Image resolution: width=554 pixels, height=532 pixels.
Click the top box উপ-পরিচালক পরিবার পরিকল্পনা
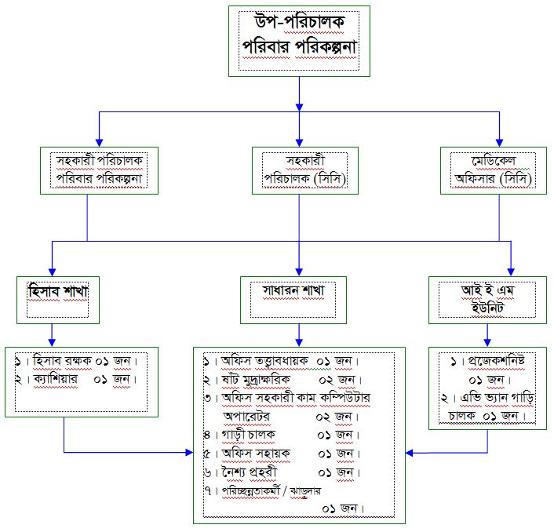pyautogui.click(x=299, y=41)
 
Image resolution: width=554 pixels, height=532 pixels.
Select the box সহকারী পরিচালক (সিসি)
pyautogui.click(x=305, y=170)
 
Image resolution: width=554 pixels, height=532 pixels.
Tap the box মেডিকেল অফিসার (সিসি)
pyautogui.click(x=494, y=170)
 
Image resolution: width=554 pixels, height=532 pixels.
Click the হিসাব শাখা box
pyautogui.click(x=58, y=300)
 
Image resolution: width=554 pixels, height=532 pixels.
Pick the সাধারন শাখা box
pyautogui.click(x=293, y=300)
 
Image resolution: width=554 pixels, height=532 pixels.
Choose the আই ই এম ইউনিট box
pyautogui.click(x=487, y=300)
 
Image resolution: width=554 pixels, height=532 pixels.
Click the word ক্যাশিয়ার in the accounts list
pyautogui.click(x=56, y=379)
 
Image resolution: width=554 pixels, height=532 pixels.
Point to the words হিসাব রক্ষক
pyautogui.click(x=62, y=361)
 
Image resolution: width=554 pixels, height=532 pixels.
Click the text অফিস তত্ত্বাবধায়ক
pyautogui.click(x=264, y=361)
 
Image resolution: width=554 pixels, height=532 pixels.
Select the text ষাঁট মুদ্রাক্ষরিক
pyautogui.click(x=256, y=380)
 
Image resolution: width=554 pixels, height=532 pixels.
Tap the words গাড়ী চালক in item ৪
pyautogui.click(x=249, y=435)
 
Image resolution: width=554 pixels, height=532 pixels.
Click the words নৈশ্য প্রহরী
pyautogui.click(x=250, y=472)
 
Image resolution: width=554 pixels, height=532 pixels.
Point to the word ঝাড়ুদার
pyautogui.click(x=305, y=491)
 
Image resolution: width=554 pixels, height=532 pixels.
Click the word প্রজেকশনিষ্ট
pyautogui.click(x=497, y=361)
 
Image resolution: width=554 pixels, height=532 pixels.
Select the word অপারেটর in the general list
pyautogui.click(x=246, y=417)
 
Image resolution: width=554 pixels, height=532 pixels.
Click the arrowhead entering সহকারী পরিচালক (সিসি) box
pyautogui.click(x=299, y=143)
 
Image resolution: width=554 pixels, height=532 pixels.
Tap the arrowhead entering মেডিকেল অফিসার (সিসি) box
pyautogui.click(x=499, y=143)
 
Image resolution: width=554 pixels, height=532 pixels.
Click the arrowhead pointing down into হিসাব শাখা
pyautogui.click(x=53, y=272)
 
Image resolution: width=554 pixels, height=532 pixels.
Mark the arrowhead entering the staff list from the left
pyautogui.click(x=189, y=452)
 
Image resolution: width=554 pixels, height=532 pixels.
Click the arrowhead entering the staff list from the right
pyautogui.click(x=410, y=453)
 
